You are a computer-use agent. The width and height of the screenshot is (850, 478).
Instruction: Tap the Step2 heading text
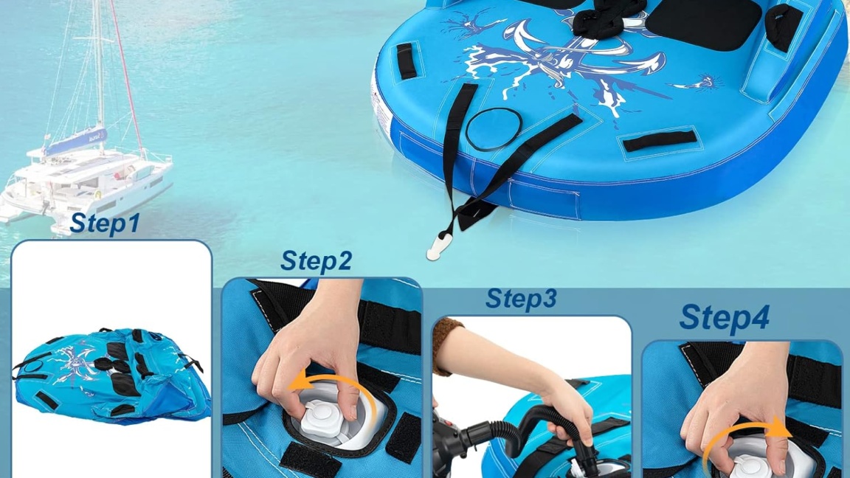316,261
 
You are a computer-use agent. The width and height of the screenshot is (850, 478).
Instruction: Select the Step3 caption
521,299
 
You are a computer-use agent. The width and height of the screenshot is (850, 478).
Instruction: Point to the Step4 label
724,317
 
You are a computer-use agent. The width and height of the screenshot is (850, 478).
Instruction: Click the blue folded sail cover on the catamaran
75,141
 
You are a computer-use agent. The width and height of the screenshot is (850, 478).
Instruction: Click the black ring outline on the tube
491,131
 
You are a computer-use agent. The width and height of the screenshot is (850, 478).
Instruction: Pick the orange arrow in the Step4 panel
745,435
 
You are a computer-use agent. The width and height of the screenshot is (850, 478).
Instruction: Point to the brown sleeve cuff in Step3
447,347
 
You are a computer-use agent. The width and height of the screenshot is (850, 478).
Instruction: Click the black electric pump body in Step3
450,443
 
